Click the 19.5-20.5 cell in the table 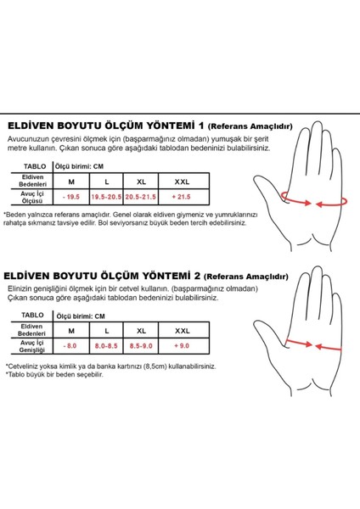coord(106,196)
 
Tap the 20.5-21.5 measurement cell coord(141,196)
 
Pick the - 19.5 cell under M coord(71,196)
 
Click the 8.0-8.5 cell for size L coord(106,346)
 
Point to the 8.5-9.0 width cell coord(141,346)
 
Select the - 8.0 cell coord(71,346)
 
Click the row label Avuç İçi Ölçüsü coord(33,196)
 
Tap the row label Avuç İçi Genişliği coord(33,346)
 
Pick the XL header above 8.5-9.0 coord(141,331)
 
